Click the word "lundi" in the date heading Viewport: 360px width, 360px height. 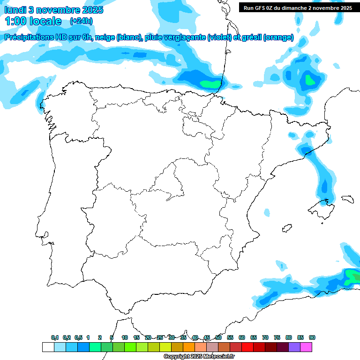tap(15, 10)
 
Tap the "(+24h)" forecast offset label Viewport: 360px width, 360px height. tap(81, 21)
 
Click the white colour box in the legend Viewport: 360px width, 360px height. tap(48, 347)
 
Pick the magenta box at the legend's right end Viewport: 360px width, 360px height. tap(306, 347)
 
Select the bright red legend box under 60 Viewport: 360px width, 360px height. tap(247, 347)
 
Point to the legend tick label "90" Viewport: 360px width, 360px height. tap(312, 337)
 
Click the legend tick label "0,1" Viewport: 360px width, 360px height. tap(55, 337)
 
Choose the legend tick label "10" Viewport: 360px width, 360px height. tap(124, 337)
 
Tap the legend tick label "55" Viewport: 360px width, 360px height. tap(230, 337)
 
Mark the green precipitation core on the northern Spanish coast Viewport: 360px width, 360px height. tap(209, 84)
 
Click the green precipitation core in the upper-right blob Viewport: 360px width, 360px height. tap(309, 80)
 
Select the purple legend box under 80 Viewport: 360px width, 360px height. tap(294, 347)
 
